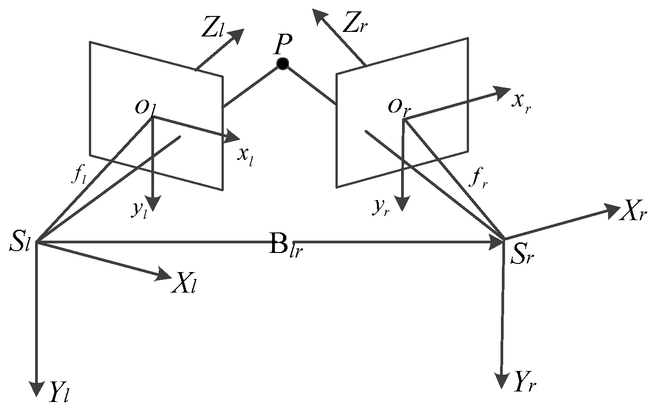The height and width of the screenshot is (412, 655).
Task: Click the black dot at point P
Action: pos(283,64)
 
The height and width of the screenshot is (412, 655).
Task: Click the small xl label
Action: pos(246,155)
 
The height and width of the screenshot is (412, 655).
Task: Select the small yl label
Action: pos(139,209)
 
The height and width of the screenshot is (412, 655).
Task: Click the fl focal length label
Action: pos(78,175)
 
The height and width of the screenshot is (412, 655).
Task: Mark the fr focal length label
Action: pos(479,180)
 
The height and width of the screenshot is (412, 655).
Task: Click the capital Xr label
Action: pos(633,213)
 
